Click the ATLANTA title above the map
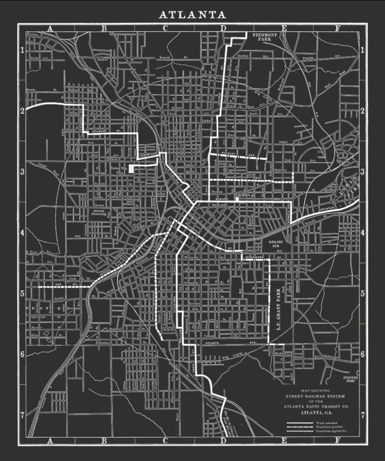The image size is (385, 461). point(192,15)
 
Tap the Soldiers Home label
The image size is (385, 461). point(350,379)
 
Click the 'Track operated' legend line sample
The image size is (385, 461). point(300,423)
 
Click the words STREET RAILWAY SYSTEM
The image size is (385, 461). point(315,397)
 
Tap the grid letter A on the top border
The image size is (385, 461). point(50,29)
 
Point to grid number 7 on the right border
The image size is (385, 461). point(363,415)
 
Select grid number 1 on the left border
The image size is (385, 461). point(22,51)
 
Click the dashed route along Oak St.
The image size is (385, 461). point(64,287)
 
